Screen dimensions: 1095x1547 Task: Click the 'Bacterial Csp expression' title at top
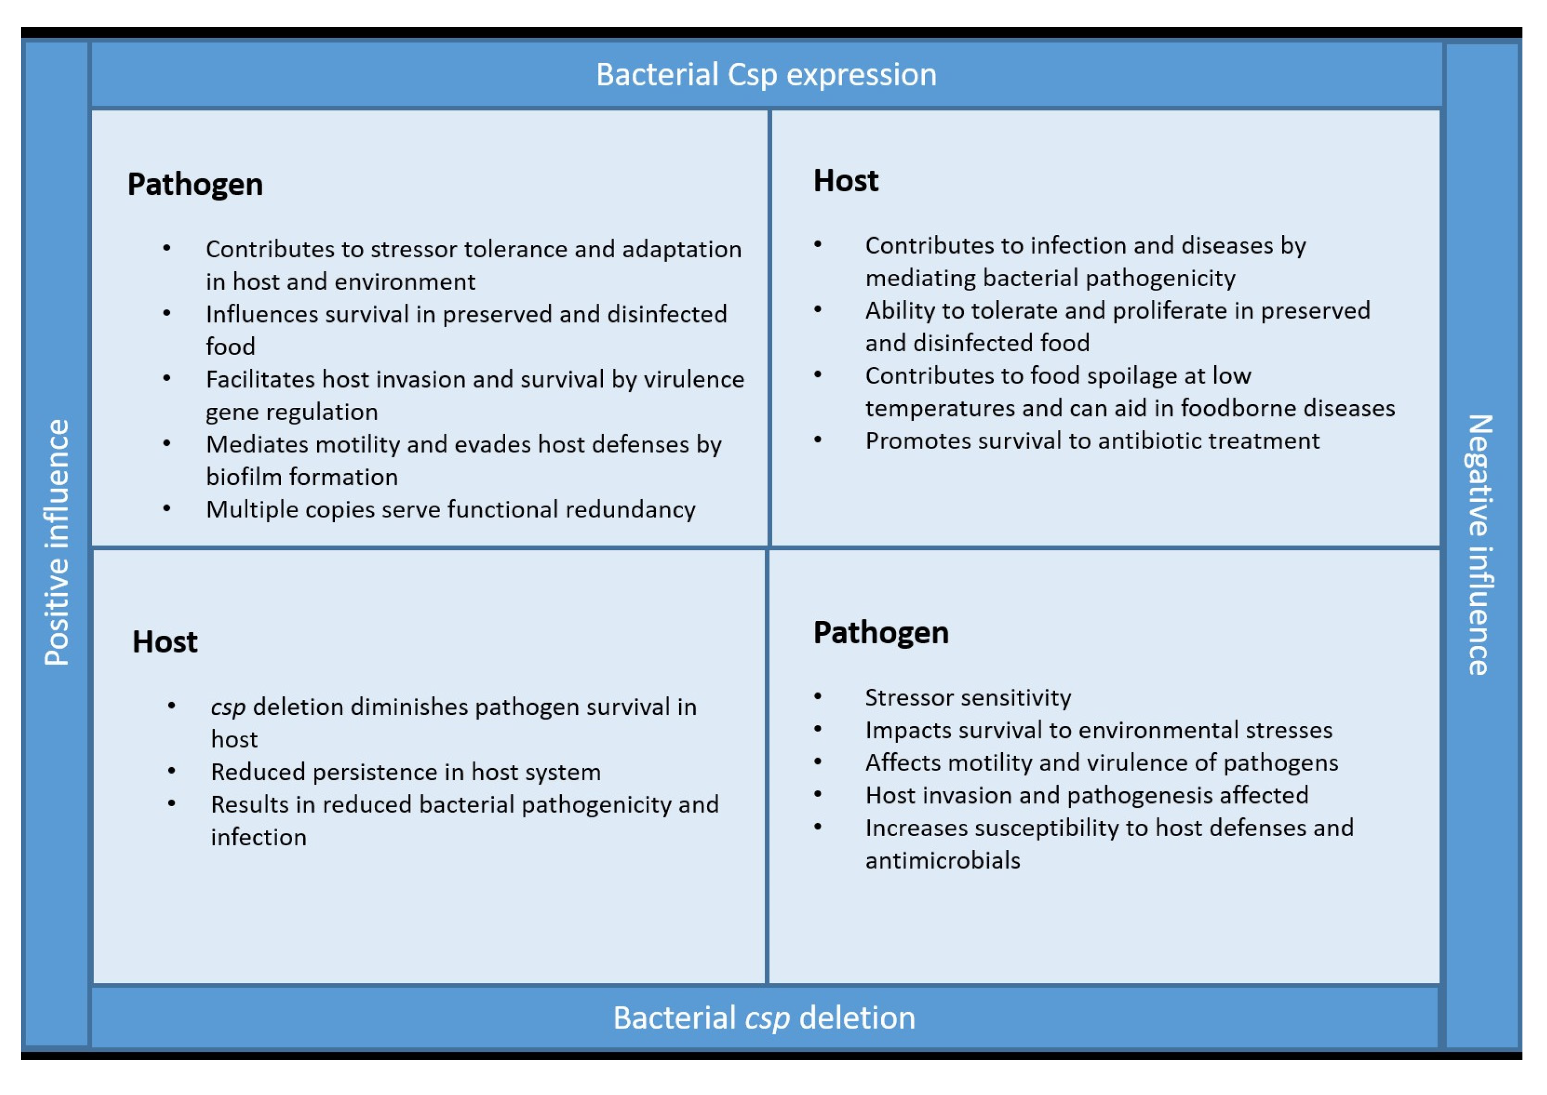click(x=766, y=75)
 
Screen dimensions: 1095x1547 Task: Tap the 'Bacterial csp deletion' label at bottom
click(x=764, y=1018)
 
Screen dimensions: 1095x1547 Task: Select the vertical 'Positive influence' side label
click(x=57, y=543)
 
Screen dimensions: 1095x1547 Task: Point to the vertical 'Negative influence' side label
click(x=1480, y=545)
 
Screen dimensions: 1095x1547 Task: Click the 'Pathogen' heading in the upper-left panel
click(x=195, y=185)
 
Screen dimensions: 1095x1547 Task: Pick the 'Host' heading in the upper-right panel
click(x=846, y=180)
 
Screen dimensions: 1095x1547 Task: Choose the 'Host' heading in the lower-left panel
click(x=164, y=642)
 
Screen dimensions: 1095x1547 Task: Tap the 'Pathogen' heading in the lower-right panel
click(x=881, y=633)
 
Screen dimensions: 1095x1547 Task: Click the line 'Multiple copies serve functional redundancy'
click(x=451, y=510)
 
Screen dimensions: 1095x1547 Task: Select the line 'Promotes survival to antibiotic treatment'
click(x=1093, y=441)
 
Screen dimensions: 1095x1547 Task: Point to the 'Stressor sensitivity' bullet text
click(x=968, y=698)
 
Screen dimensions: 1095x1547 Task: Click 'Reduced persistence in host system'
click(x=405, y=772)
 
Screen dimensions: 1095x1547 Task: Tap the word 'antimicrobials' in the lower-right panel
click(x=943, y=861)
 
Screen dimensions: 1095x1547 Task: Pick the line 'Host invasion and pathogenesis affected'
click(x=1086, y=795)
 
